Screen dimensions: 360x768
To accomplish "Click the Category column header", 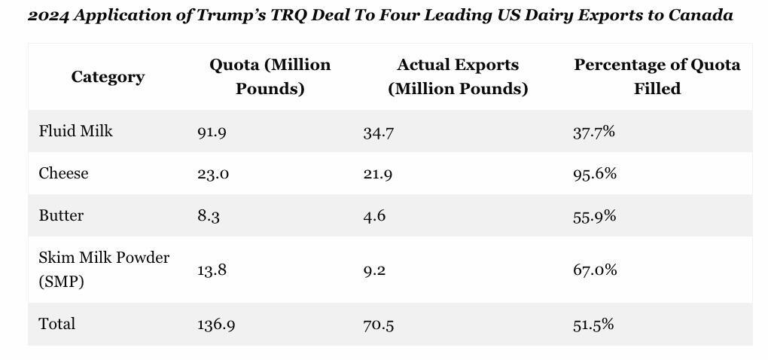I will point(108,77).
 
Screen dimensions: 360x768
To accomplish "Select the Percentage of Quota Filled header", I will point(657,77).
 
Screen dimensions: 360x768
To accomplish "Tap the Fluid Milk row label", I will point(76,131).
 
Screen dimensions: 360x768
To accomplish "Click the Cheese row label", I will point(64,173).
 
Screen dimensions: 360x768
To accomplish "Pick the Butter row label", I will point(62,215).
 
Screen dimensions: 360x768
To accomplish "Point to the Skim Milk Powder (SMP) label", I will point(104,270).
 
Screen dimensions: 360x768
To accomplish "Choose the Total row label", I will point(57,324).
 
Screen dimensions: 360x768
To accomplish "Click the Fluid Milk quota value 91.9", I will point(212,132).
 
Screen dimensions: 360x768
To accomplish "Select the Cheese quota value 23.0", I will point(213,174).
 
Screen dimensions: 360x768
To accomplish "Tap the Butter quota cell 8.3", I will point(209,216).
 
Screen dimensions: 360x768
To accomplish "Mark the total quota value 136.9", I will point(216,325).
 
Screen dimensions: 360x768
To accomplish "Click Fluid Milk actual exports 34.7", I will point(378,133).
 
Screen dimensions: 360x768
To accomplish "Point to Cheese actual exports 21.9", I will point(378,174).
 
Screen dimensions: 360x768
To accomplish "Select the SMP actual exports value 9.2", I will point(374,270).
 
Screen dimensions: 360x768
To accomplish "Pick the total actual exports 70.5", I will point(378,325).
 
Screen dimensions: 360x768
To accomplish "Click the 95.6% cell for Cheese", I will point(594,173).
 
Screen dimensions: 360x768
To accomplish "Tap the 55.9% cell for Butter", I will point(594,215).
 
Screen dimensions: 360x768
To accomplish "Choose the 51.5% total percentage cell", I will point(593,324).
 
